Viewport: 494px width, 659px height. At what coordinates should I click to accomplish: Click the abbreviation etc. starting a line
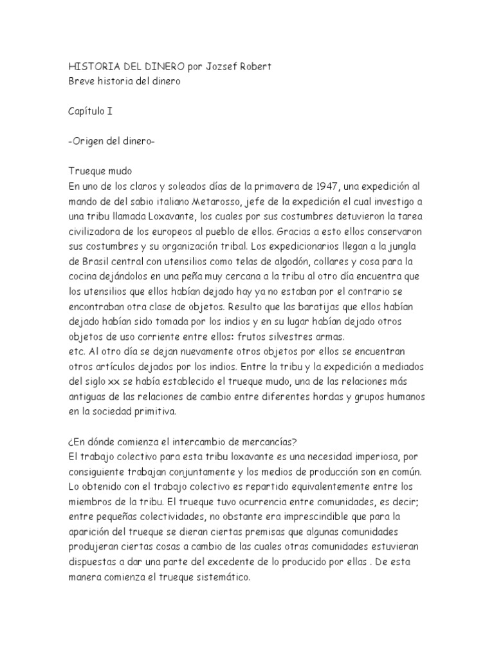tap(77, 351)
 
